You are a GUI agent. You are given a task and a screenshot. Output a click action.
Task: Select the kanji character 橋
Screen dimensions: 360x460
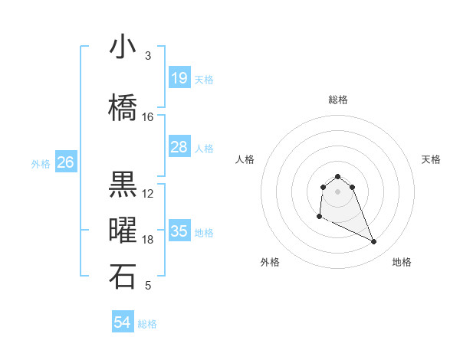123,108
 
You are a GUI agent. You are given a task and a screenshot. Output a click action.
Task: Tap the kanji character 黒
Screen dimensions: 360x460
123,185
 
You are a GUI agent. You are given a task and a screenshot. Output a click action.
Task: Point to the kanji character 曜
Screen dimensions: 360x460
123,231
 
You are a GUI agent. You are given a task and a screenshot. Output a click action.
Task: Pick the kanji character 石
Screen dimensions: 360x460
123,277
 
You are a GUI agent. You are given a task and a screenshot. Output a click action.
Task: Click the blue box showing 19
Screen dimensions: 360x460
179,78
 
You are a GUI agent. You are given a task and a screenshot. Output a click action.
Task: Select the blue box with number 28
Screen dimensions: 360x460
179,147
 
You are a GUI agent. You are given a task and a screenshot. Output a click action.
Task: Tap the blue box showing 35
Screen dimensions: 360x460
179,231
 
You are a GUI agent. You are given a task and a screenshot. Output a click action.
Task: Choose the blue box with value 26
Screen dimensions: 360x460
65,162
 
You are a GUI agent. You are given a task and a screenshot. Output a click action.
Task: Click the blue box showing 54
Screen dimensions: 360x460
123,323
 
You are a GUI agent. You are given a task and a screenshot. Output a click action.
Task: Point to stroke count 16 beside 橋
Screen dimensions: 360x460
148,117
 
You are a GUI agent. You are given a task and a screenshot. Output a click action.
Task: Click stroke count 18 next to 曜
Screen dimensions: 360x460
148,240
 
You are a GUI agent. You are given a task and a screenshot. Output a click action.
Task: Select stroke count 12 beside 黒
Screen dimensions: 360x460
148,194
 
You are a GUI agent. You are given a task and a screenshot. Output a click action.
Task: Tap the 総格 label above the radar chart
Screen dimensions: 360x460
338,100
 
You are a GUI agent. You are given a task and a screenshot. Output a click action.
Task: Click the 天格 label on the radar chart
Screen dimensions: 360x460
432,159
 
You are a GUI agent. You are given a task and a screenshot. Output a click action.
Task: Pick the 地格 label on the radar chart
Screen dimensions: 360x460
402,262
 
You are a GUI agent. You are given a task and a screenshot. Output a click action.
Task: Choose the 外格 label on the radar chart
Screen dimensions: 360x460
271,262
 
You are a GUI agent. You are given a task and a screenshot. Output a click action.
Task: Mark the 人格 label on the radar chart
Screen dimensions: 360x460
245,159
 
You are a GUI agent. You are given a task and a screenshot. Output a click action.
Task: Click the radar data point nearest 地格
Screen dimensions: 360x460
374,242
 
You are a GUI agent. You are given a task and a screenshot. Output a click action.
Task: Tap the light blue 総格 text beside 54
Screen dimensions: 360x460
147,324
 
